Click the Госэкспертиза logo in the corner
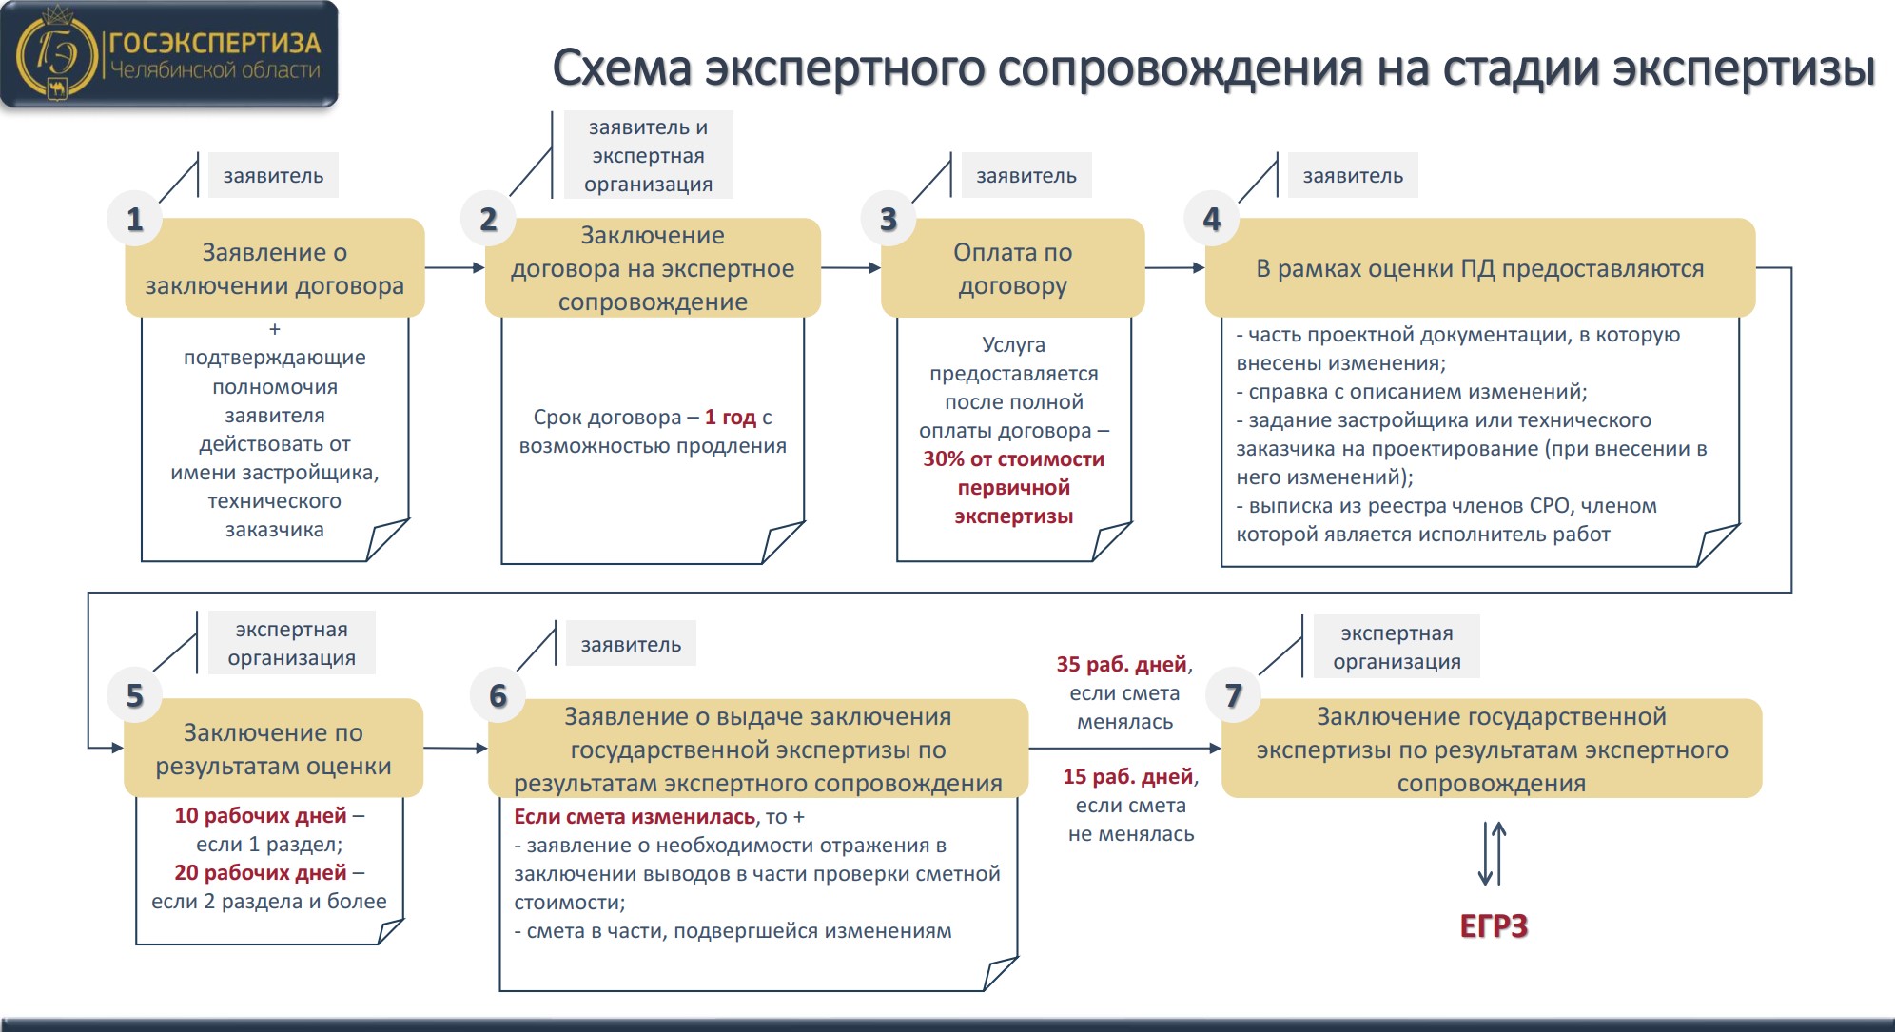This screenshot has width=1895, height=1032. coord(169,54)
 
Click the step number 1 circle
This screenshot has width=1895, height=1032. coord(135,219)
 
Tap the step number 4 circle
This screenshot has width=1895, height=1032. coord(1211,219)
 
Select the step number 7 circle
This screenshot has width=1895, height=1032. coord(1233,695)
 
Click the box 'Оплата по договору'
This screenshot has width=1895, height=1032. coord(1012,268)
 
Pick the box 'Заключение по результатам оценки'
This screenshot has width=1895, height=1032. coord(274,749)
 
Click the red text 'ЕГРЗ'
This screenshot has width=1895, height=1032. coord(1494,926)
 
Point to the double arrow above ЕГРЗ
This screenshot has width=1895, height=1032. coord(1492,854)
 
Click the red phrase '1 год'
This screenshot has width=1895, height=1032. coord(731,417)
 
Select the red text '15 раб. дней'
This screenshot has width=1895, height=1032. coord(1128,776)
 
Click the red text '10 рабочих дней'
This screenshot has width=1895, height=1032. coord(261,815)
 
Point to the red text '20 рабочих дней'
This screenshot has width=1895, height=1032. coord(261,872)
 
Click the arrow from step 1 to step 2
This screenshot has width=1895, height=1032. coord(455,268)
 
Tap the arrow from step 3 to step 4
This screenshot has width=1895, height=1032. coord(1175,268)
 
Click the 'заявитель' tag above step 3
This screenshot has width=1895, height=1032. coord(1026,176)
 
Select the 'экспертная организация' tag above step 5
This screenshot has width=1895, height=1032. coord(292,643)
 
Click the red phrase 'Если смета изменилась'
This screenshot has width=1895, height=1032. coord(635,816)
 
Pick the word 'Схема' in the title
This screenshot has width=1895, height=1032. coord(622,68)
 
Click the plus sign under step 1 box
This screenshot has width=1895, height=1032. coord(275,329)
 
